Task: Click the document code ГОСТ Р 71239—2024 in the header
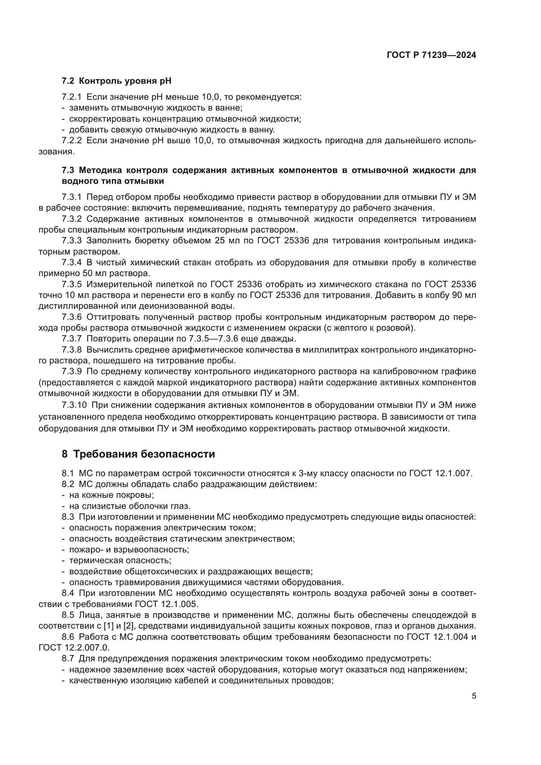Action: pos(431,55)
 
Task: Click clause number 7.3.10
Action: pos(74,405)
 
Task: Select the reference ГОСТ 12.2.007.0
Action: pos(74,648)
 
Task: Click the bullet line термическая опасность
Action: pos(120,561)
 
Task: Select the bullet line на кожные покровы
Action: pos(111,495)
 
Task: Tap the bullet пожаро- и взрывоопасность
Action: pos(129,549)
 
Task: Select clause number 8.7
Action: pos(68,659)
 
